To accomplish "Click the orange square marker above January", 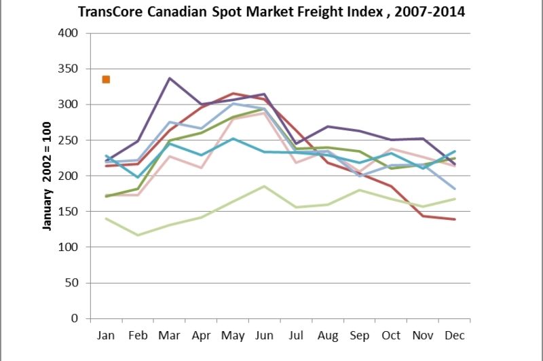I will (106, 79).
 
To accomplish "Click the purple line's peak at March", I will (170, 78).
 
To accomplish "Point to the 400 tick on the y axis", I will (69, 33).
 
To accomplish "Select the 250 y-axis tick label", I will (69, 140).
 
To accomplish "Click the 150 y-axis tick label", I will (69, 212).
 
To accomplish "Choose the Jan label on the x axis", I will (107, 335).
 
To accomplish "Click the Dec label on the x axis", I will (454, 335).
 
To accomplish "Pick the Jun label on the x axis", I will (264, 335).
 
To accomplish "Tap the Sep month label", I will (359, 335).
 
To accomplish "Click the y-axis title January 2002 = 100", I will (48, 176).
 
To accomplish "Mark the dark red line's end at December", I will (454, 219).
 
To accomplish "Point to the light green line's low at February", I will (138, 235).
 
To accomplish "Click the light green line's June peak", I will (264, 186).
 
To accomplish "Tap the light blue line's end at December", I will (454, 189).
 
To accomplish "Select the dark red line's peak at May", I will (233, 94).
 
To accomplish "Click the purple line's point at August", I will (327, 127).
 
